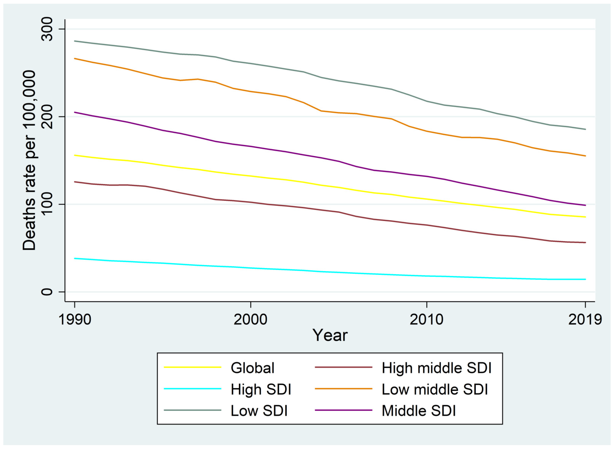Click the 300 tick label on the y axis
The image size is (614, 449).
tap(47, 29)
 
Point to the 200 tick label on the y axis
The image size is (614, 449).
tap(47, 117)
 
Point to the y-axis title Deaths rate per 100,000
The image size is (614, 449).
tap(29, 160)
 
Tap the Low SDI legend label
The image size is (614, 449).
tap(259, 411)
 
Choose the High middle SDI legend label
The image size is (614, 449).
tap(437, 368)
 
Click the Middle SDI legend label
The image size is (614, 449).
tap(419, 411)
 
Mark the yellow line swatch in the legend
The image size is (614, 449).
tap(193, 367)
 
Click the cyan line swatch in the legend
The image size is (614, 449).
tap(193, 389)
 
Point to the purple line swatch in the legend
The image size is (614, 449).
tap(343, 410)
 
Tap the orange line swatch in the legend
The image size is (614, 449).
tap(343, 389)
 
